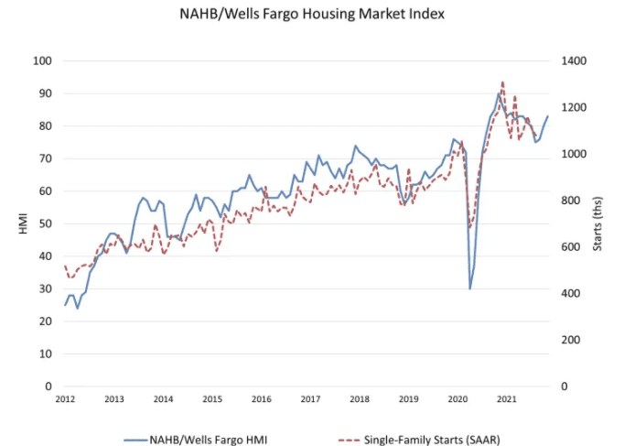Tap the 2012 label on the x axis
click(65, 400)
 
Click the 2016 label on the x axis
click(261, 400)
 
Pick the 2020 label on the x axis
click(457, 400)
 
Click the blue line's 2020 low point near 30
click(470, 288)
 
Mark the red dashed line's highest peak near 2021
click(502, 82)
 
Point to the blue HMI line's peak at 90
click(499, 93)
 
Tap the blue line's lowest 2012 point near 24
click(77, 308)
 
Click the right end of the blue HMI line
click(548, 116)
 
